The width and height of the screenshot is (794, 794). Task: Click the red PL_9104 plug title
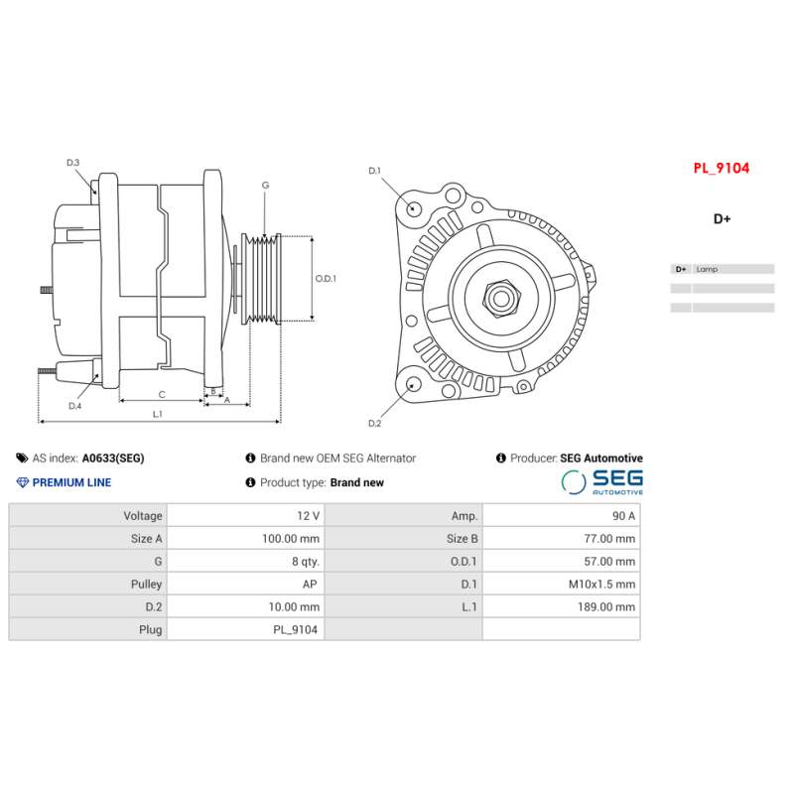click(x=721, y=169)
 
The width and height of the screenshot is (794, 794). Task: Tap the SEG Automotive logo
click(x=602, y=482)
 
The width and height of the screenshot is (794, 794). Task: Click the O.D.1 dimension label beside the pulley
click(x=326, y=279)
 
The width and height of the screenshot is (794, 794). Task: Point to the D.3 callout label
click(x=73, y=163)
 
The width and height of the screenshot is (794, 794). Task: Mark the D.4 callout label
click(x=75, y=406)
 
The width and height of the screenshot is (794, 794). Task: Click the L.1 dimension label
click(x=158, y=414)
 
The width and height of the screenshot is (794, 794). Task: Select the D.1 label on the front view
click(x=374, y=172)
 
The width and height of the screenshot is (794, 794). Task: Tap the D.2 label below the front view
click(x=374, y=424)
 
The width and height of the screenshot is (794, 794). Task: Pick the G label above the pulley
click(x=265, y=186)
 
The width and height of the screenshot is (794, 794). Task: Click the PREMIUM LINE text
click(x=71, y=483)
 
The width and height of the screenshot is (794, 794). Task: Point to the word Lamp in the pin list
click(x=707, y=269)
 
